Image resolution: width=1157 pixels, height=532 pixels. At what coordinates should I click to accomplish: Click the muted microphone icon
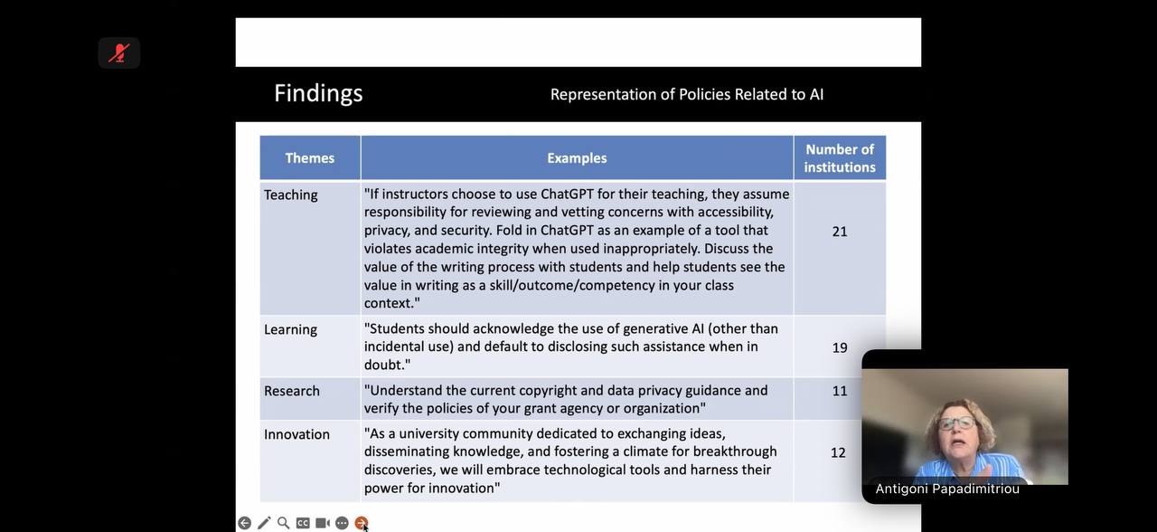click(118, 52)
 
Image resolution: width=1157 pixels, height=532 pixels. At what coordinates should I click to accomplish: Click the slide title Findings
click(318, 93)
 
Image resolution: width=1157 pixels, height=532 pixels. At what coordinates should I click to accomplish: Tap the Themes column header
click(310, 158)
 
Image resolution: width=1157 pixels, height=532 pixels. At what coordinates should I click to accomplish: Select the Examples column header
click(577, 158)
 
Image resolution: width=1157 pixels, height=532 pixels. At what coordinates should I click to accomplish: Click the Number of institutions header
click(840, 158)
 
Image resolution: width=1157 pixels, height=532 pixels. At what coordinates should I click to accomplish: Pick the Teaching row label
click(291, 195)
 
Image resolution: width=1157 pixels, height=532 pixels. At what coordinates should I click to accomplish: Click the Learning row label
click(290, 329)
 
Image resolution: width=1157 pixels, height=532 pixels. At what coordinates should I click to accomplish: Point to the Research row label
click(292, 391)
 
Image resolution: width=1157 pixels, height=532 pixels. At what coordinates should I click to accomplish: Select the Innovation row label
click(296, 434)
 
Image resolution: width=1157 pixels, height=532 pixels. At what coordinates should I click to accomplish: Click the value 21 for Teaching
click(840, 232)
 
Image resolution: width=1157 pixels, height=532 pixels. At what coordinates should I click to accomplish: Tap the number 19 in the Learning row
click(840, 347)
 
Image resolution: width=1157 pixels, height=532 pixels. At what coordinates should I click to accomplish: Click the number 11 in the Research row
click(840, 391)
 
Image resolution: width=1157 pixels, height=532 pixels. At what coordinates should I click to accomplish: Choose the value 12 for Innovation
click(838, 452)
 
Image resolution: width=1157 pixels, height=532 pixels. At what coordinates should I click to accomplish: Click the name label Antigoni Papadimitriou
click(947, 489)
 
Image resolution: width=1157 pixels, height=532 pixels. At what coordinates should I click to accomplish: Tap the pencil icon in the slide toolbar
click(264, 523)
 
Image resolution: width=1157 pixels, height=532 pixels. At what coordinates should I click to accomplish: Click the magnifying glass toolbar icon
click(283, 523)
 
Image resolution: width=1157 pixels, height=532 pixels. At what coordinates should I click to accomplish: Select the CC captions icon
click(303, 523)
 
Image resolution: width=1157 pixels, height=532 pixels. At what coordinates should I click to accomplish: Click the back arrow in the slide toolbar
click(244, 523)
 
